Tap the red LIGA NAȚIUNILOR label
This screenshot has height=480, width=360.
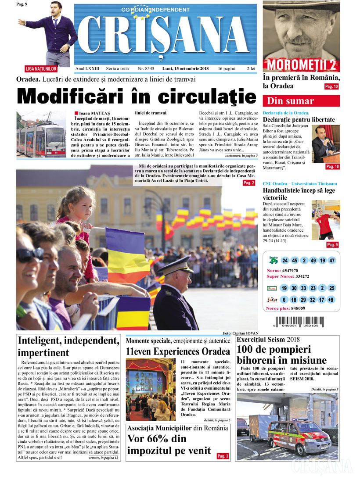(x=41, y=69)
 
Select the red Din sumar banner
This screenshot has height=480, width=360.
(x=301, y=101)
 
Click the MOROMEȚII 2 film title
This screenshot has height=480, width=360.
(x=301, y=65)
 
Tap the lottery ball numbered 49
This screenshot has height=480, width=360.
(x=313, y=261)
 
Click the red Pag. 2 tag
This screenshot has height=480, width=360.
(x=248, y=183)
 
